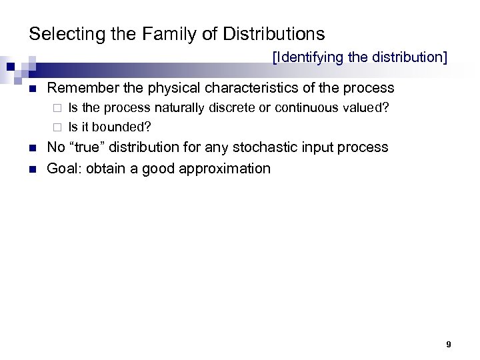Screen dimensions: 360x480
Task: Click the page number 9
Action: pyautogui.click(x=449, y=345)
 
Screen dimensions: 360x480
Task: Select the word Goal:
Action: pyautogui.click(x=64, y=168)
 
